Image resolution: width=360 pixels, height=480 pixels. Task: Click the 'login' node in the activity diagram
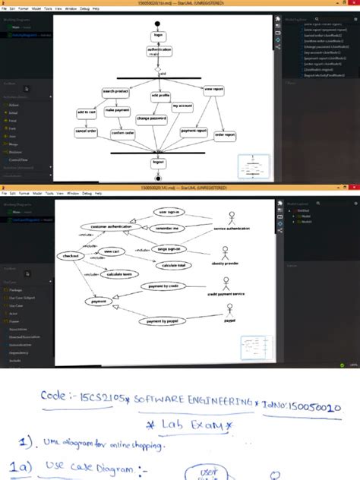(x=159, y=35)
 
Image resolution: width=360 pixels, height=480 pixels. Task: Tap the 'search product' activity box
(x=115, y=92)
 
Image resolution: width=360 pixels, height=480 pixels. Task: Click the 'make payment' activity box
(x=118, y=111)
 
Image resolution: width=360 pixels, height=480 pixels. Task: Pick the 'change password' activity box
(x=153, y=118)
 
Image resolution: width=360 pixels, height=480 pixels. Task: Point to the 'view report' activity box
(x=214, y=90)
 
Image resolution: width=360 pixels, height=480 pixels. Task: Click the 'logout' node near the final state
(x=158, y=162)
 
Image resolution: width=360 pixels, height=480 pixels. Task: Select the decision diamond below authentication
(x=159, y=69)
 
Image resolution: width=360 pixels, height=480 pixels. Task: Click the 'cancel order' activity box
(x=86, y=131)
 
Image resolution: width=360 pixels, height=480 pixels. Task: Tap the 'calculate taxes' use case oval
(x=120, y=274)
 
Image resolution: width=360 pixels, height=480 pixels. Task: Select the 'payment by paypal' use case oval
(x=159, y=321)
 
